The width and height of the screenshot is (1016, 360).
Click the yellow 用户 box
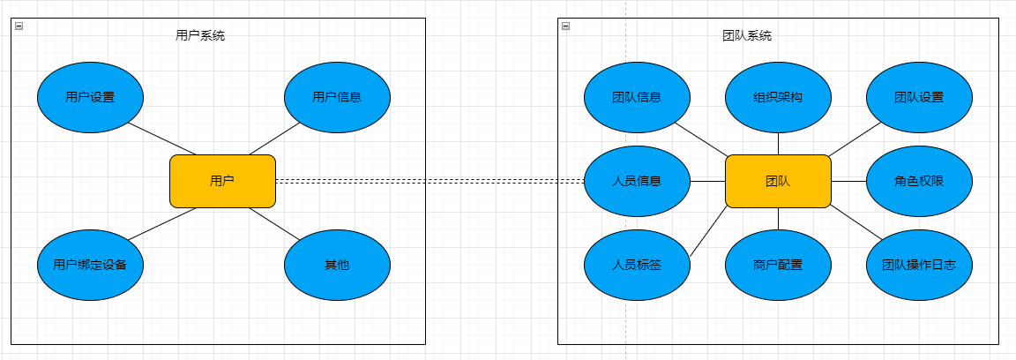coord(222,181)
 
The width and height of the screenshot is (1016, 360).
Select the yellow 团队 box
coord(778,181)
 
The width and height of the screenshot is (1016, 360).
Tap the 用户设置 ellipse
coord(90,97)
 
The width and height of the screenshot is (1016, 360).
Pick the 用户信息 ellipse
coord(337,97)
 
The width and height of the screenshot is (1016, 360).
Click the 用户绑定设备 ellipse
coord(90,264)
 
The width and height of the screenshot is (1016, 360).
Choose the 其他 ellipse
coord(337,264)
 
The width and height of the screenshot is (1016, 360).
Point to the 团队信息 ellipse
coord(637,97)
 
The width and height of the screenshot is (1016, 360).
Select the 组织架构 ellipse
coord(778,97)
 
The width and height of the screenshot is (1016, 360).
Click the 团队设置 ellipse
coord(919,97)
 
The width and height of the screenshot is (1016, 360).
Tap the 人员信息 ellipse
coord(637,181)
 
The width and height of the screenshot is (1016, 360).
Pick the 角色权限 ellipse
coord(919,181)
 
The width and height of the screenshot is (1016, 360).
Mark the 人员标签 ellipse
coord(637,264)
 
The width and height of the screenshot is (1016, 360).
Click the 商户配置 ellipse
coord(778,264)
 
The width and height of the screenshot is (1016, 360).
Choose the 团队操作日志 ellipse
coord(919,264)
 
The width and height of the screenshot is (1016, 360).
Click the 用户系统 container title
coord(200,36)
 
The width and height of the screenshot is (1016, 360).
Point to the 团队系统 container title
coord(747,36)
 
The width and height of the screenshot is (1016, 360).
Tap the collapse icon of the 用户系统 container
coord(19,26)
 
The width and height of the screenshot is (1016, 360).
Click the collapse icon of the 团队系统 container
coord(566,26)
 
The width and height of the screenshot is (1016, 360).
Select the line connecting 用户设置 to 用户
coord(163,139)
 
